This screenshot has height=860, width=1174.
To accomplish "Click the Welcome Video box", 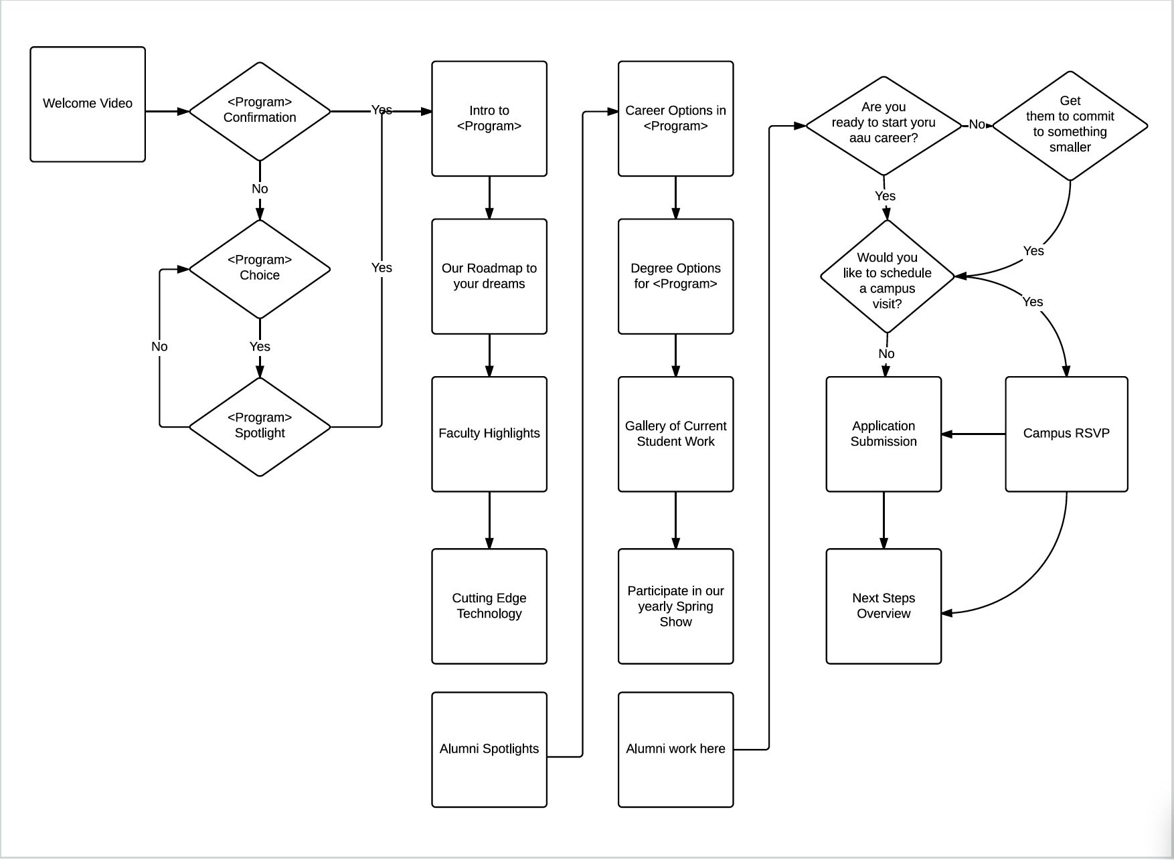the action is tap(88, 104).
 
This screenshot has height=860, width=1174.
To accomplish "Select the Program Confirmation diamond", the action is tap(260, 111).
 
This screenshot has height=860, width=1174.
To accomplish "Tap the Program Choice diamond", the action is tap(260, 269).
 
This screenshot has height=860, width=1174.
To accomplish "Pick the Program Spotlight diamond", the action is tap(260, 426).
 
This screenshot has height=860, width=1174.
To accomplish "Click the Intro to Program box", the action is tap(489, 118).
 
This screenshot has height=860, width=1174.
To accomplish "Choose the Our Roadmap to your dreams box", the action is tap(489, 276).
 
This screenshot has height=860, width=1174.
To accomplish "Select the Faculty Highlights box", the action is tap(489, 434).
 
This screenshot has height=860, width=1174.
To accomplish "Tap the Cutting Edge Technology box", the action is tap(489, 606).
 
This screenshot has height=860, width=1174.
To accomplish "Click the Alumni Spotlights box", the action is tap(489, 750).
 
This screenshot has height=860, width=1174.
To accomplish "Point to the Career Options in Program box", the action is tap(676, 118).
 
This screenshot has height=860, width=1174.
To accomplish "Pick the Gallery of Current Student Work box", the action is tap(676, 434).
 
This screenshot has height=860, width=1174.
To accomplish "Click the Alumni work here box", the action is tap(676, 750).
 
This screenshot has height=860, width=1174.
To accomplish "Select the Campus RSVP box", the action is tap(1066, 434).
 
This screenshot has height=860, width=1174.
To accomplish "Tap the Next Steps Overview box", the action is tap(884, 606).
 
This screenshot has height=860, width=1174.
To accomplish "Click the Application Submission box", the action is tap(884, 434).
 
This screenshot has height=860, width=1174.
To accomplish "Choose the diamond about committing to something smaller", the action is tap(1070, 126).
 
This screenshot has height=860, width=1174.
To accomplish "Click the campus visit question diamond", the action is tap(888, 276).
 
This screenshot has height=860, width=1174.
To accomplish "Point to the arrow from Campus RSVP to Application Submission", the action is tap(973, 434).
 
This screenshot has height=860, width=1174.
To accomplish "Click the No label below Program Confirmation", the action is tap(260, 189).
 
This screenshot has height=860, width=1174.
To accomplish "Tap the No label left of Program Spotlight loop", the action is tap(159, 346).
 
